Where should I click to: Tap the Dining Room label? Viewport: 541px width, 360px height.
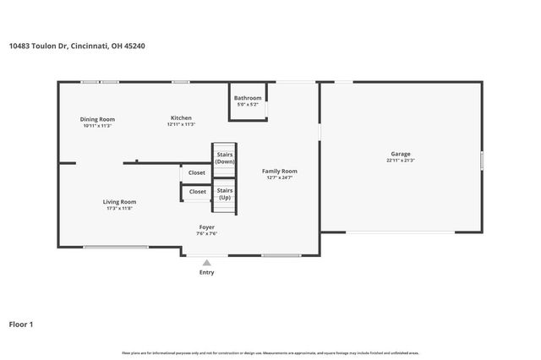click(97, 119)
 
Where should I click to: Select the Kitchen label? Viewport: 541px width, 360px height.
click(181, 117)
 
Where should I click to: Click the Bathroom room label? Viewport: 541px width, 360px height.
click(248, 97)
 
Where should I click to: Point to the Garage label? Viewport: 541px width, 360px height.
click(400, 154)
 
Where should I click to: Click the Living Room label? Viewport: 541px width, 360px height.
click(119, 202)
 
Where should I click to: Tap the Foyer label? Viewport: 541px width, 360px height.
click(206, 227)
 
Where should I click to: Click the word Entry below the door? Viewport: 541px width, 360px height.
click(206, 272)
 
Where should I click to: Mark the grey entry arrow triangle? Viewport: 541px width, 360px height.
click(206, 263)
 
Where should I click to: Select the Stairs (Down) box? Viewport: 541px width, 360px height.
click(224, 158)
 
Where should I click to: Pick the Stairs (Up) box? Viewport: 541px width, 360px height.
click(224, 194)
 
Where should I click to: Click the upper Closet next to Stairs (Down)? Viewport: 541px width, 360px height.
click(196, 172)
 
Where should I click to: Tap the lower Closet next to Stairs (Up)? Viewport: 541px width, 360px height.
click(197, 192)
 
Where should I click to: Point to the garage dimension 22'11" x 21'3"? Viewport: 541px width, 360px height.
click(400, 161)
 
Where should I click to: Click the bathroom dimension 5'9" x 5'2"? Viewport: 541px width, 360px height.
click(248, 104)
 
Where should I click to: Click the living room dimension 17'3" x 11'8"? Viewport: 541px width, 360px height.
click(119, 209)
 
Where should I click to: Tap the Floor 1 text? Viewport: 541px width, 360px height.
click(21, 324)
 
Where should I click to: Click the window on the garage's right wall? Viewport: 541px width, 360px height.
click(482, 159)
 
